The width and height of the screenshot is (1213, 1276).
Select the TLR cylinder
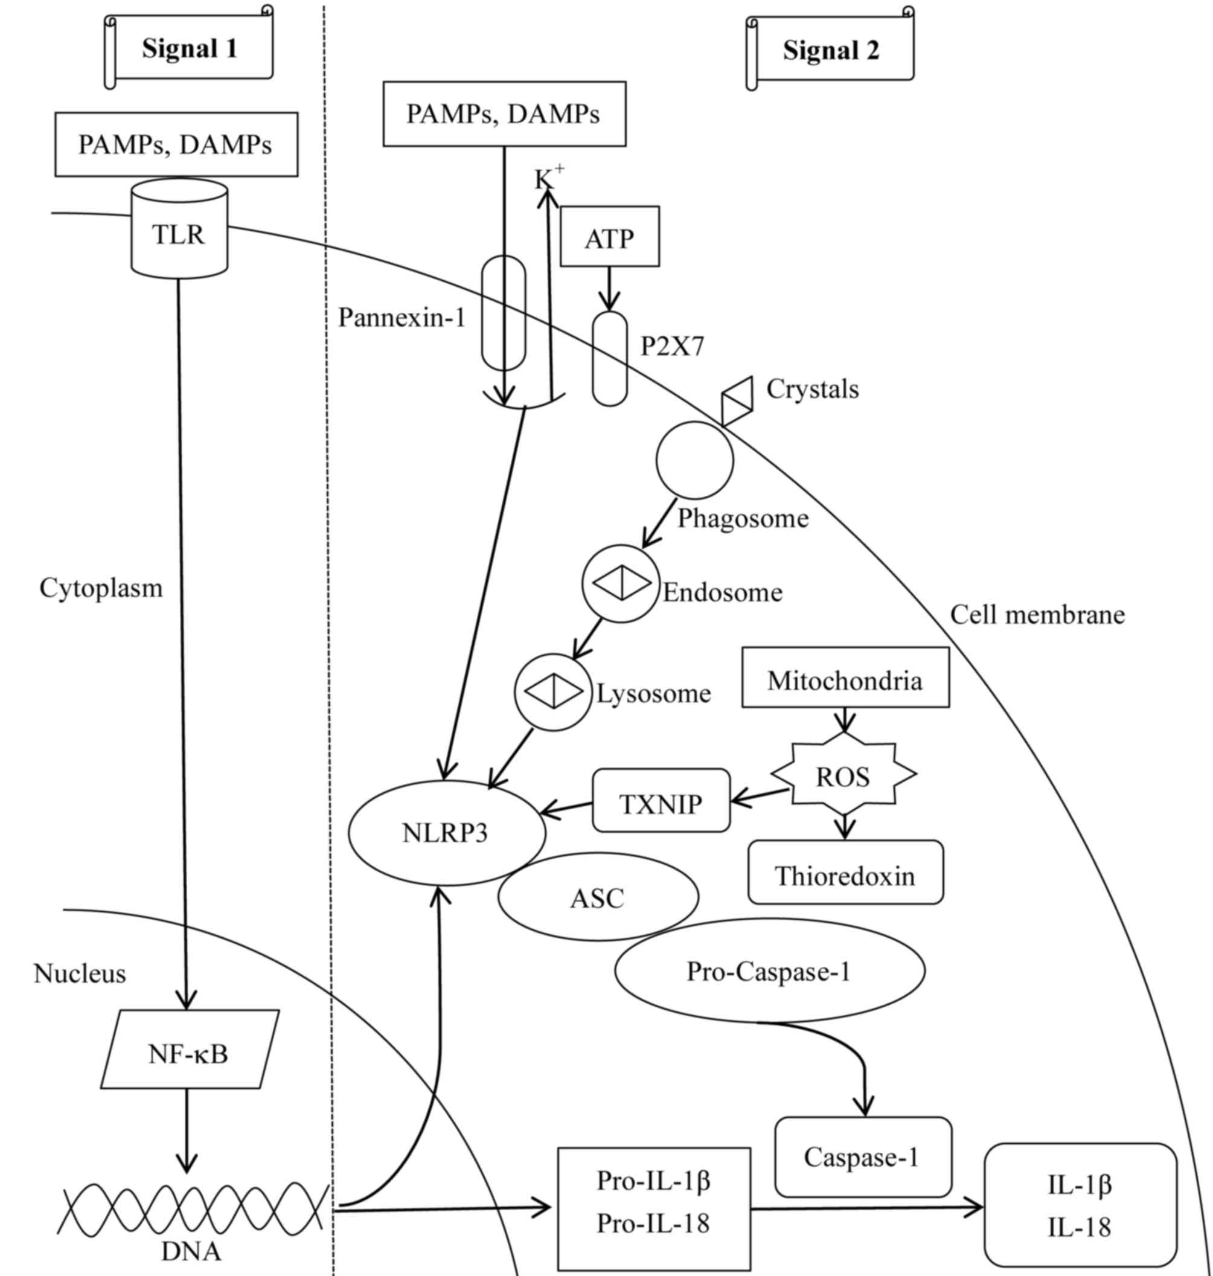(179, 233)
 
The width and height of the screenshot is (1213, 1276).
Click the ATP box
(610, 237)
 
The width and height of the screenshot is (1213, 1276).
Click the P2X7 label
(672, 347)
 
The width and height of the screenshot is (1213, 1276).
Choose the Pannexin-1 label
(402, 318)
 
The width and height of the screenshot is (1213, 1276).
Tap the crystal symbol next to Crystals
(737, 400)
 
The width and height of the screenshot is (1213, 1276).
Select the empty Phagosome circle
(694, 461)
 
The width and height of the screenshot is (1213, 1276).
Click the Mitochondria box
(845, 681)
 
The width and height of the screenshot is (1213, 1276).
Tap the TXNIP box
(661, 803)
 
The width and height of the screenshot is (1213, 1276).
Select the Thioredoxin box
(845, 876)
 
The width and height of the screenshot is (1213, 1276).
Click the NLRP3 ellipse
(446, 832)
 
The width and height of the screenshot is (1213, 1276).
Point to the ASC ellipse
(598, 897)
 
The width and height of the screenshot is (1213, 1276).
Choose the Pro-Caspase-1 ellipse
(769, 971)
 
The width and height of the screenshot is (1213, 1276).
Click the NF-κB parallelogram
(189, 1054)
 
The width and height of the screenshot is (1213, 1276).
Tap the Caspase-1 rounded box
(863, 1156)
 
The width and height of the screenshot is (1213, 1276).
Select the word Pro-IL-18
(653, 1223)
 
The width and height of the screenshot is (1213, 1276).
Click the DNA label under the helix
(191, 1251)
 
